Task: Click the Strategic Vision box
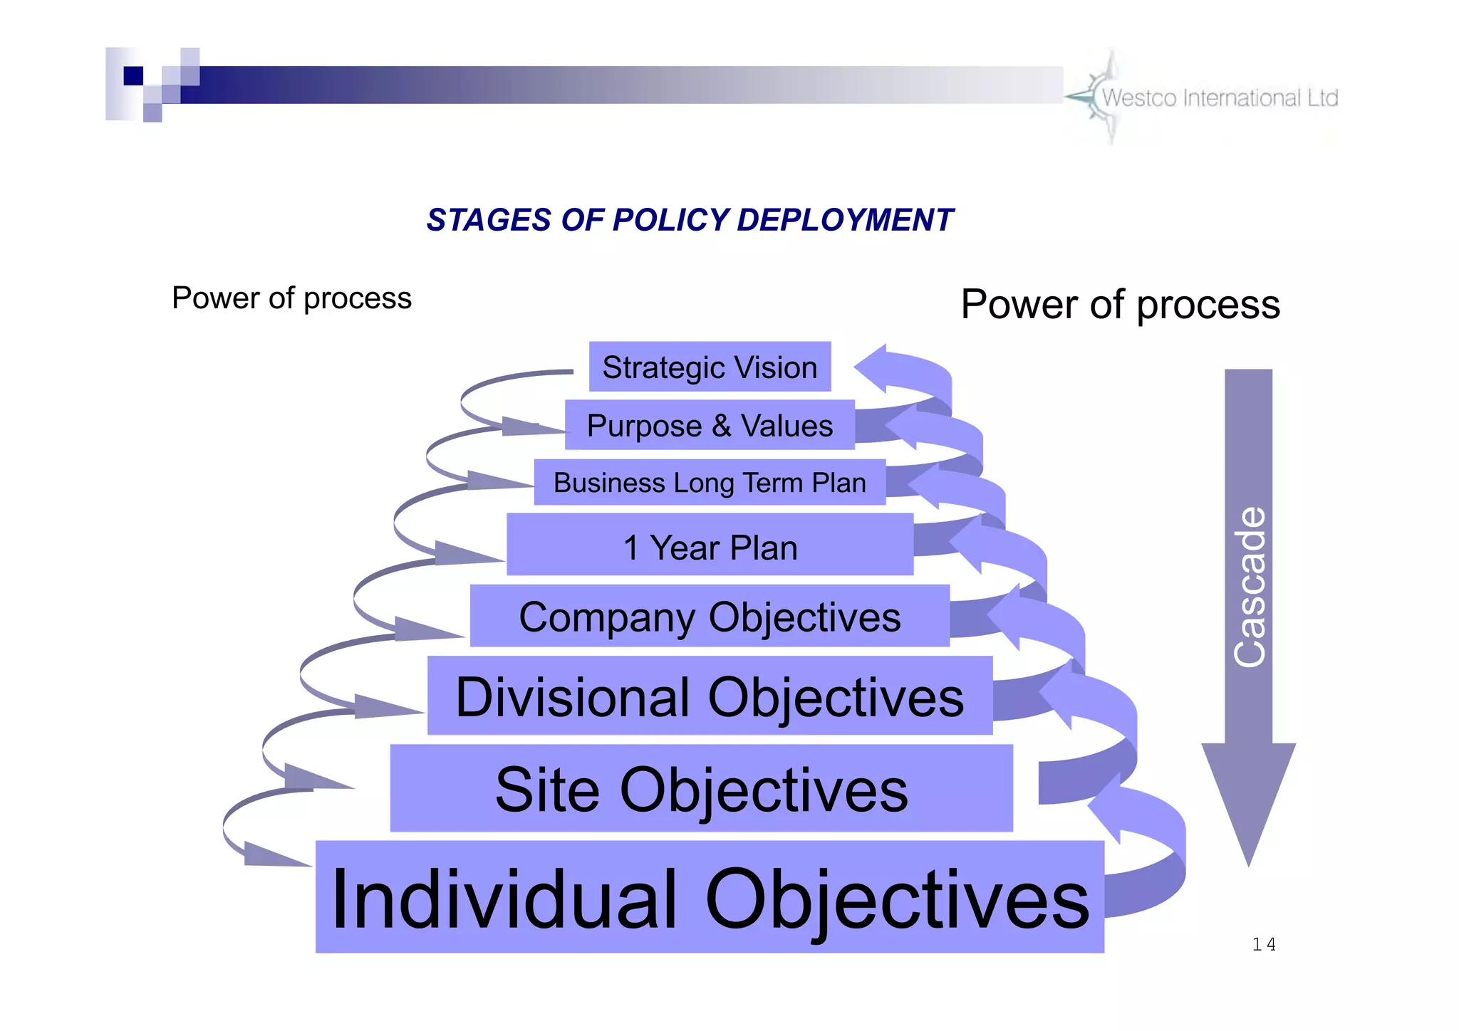click(710, 367)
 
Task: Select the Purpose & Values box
click(710, 425)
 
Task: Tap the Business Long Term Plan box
click(710, 483)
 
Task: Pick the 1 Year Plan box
click(710, 545)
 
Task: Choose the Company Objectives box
click(710, 617)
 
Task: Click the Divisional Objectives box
click(710, 696)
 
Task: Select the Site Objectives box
click(701, 788)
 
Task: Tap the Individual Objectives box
click(710, 897)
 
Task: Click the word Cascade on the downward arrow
click(1250, 587)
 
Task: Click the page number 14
click(1264, 944)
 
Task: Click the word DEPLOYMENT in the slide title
click(844, 220)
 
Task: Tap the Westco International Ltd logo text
click(1220, 98)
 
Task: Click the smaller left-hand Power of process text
click(291, 298)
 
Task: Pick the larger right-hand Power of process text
click(1120, 304)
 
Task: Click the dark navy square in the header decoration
click(133, 75)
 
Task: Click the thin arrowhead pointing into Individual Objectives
click(271, 854)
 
